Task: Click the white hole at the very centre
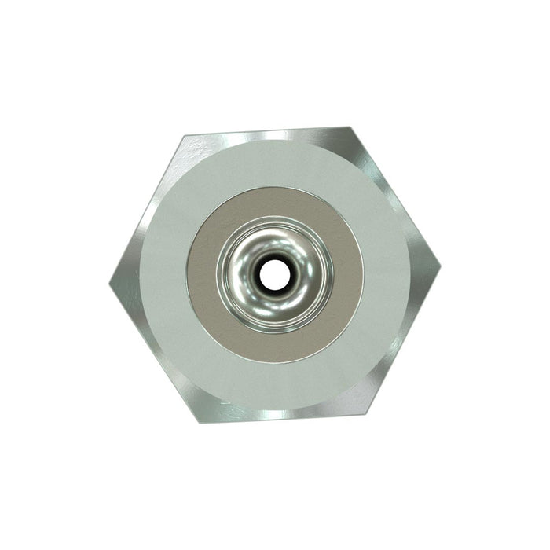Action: pos(274,274)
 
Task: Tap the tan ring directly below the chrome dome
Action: pos(274,346)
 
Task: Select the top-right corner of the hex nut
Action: pos(350,126)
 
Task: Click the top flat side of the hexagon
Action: pos(267,131)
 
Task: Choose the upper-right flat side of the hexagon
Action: pos(396,196)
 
